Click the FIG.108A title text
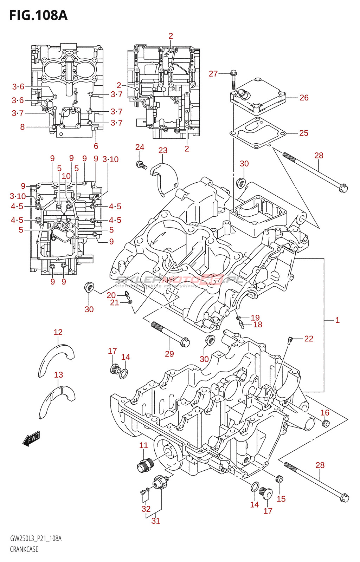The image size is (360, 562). (x=38, y=15)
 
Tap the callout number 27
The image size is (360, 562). (x=213, y=74)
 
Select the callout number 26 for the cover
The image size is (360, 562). (x=304, y=98)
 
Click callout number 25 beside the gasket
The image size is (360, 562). (x=303, y=133)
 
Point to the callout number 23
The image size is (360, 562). (x=163, y=151)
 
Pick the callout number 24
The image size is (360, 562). (x=140, y=147)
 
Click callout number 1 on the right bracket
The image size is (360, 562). (x=337, y=320)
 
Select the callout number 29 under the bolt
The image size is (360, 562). (x=169, y=354)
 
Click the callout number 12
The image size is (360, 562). (x=58, y=332)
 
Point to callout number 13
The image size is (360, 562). (x=58, y=375)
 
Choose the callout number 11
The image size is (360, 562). (x=143, y=445)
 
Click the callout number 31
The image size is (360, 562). (x=156, y=521)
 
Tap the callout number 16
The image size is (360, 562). (x=324, y=413)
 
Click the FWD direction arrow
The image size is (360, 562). (x=31, y=438)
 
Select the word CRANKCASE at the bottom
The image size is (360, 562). (x=24, y=549)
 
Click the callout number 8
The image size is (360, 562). (x=22, y=127)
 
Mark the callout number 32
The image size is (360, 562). (x=146, y=509)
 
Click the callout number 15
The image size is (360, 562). (x=281, y=499)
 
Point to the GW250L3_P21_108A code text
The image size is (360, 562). (x=36, y=538)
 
